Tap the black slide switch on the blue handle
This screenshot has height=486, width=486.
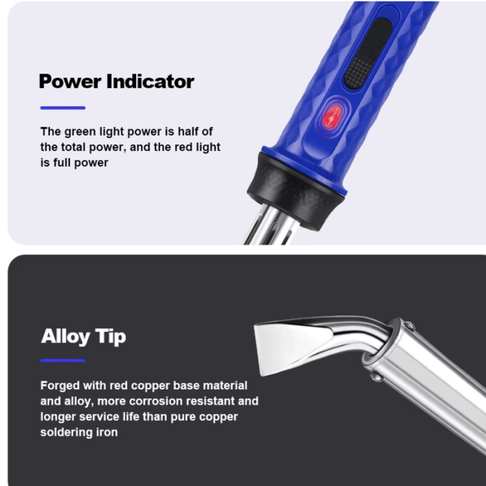[369, 53]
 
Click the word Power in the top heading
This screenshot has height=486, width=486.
[70, 81]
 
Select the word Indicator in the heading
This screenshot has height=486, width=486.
[151, 81]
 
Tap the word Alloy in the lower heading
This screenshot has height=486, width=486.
[65, 337]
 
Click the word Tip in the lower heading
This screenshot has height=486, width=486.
[110, 337]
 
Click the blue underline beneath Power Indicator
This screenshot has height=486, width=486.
[62, 108]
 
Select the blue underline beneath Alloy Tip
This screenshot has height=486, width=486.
[62, 360]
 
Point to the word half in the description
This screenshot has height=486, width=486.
[188, 131]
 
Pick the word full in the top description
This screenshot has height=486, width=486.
[62, 162]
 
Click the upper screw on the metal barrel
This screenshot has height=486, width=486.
[410, 326]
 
